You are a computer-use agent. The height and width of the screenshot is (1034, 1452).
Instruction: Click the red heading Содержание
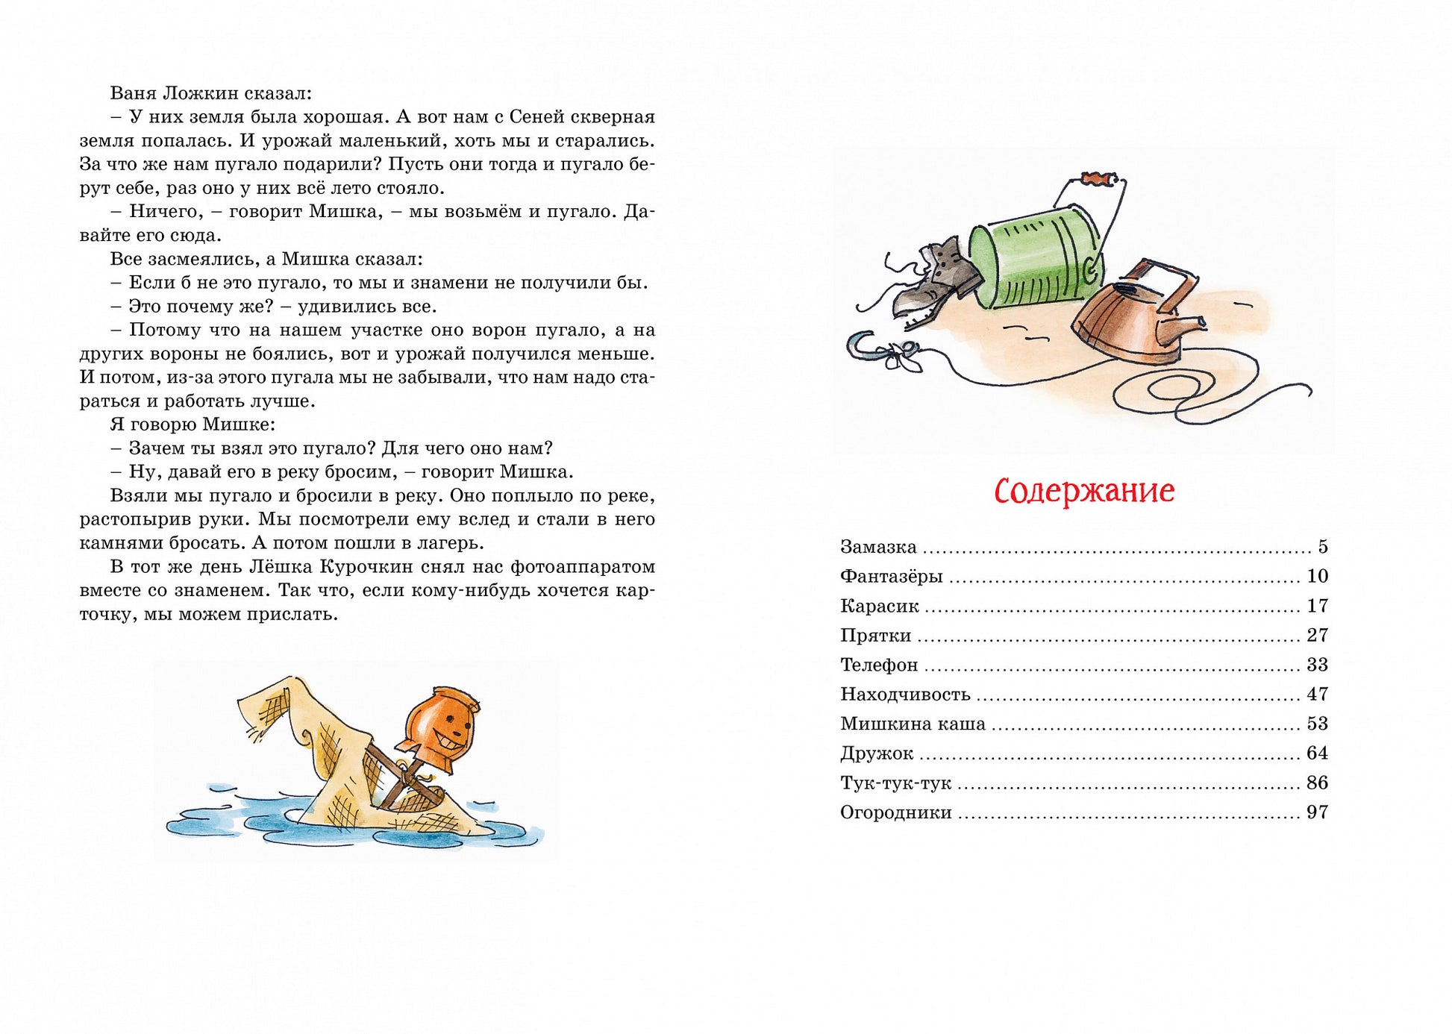tap(1084, 491)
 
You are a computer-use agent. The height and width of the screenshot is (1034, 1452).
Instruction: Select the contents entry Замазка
tap(878, 547)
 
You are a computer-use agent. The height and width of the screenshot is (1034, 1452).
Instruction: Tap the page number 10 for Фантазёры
tap(1317, 576)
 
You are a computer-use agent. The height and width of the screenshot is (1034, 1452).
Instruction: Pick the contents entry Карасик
tap(879, 606)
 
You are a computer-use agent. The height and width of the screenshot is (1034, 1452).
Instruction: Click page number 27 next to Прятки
tap(1317, 635)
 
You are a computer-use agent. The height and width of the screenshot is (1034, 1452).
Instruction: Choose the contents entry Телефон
tap(879, 665)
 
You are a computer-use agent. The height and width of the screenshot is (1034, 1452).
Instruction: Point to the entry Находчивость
tap(905, 695)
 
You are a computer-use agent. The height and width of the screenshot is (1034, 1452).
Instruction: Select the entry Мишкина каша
tap(913, 724)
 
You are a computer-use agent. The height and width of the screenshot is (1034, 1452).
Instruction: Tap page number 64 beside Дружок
tap(1317, 753)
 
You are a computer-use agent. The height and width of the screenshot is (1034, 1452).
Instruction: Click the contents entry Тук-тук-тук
tap(895, 783)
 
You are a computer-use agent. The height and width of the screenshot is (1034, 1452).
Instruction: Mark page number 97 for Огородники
tap(1317, 812)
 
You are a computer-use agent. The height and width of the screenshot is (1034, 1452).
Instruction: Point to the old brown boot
tap(936, 283)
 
